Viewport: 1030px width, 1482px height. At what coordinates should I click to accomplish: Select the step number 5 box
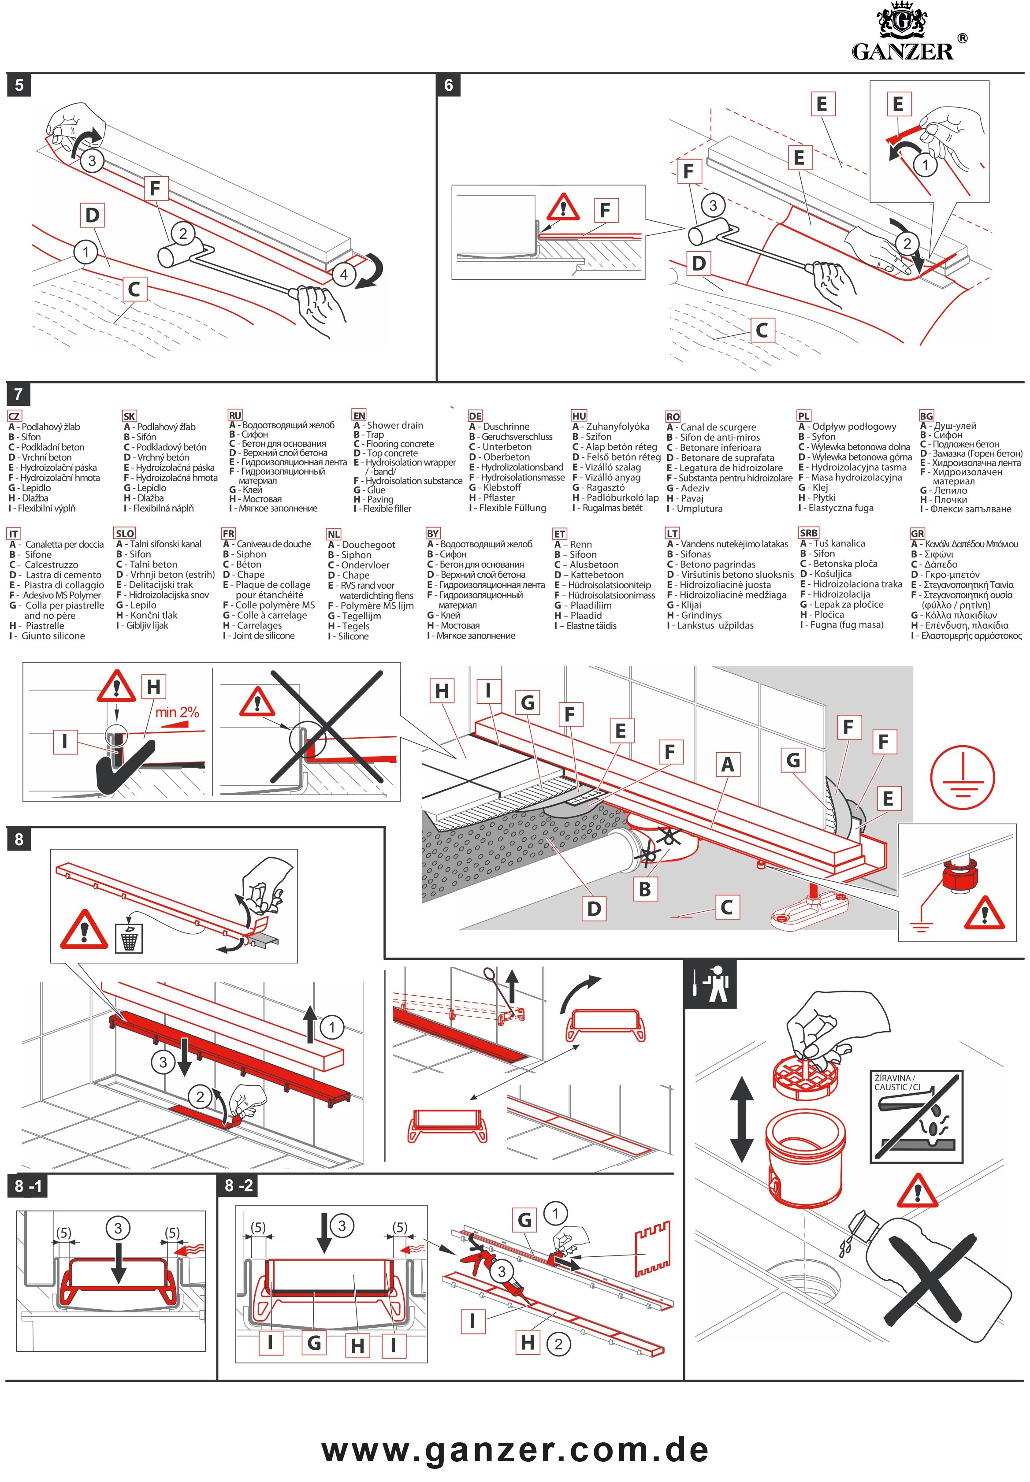pyautogui.click(x=19, y=85)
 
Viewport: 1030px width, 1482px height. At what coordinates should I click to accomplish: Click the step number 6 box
pyautogui.click(x=449, y=85)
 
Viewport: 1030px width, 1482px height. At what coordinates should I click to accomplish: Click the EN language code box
pyautogui.click(x=359, y=416)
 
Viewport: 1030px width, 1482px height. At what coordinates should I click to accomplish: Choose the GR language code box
pyautogui.click(x=917, y=534)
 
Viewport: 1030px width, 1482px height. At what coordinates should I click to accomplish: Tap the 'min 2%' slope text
pyautogui.click(x=177, y=712)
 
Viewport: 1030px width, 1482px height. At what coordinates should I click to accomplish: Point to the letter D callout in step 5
pyautogui.click(x=92, y=215)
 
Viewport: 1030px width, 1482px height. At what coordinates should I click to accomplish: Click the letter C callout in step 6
pyautogui.click(x=762, y=331)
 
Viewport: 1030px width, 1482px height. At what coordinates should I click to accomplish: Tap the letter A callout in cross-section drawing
pyautogui.click(x=727, y=765)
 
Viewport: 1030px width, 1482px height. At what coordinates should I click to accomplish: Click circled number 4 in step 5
pyautogui.click(x=343, y=274)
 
